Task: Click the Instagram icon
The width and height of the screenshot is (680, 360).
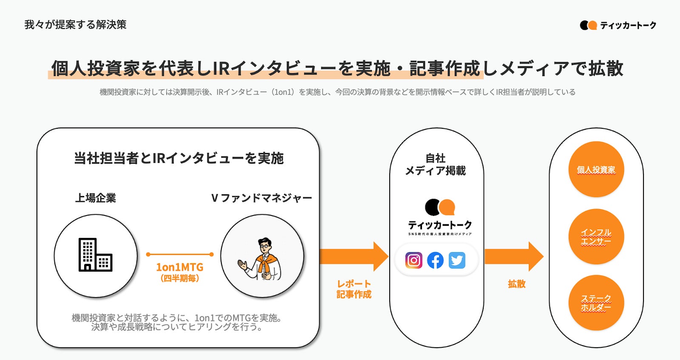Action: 414,260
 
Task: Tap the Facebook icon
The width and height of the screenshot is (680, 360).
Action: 435,260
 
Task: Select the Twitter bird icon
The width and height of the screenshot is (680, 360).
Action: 457,260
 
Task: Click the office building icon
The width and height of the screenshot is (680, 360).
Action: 95,255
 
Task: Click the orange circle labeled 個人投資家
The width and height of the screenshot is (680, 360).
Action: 596,170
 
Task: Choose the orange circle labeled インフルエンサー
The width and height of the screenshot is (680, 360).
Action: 596,237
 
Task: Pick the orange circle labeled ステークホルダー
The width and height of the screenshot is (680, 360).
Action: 596,303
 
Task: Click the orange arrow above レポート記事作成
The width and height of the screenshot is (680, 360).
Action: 354,257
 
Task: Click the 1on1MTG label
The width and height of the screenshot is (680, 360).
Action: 179,267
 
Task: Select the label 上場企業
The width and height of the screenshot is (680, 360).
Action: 96,198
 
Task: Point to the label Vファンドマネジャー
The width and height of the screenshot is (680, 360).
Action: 261,198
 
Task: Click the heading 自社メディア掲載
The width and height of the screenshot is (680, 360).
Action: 435,164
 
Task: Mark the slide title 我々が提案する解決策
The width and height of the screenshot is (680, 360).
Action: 76,25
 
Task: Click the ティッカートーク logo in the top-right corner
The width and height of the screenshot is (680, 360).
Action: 618,26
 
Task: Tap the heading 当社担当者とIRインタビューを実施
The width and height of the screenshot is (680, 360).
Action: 178,158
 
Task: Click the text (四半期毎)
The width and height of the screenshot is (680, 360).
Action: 180,278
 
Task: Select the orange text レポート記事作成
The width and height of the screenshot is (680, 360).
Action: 354,289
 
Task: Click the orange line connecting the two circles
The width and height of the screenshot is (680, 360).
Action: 179,254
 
